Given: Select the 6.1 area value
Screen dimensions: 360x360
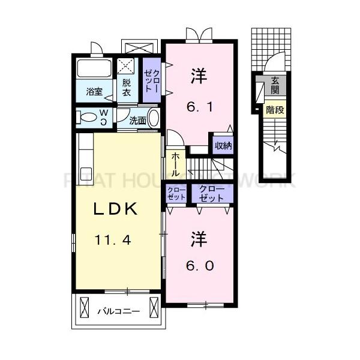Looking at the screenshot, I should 199,108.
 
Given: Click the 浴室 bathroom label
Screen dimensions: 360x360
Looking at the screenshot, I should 94,92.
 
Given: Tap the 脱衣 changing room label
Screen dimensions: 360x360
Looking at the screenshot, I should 127,88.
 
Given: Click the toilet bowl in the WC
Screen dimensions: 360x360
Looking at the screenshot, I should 89,116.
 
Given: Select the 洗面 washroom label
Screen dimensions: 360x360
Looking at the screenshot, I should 138,120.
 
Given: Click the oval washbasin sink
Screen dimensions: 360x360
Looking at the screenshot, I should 154,117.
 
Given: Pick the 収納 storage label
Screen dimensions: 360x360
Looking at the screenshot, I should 223,146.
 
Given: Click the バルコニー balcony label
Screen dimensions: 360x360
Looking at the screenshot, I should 119,312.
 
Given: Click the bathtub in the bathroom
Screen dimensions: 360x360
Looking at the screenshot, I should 94,68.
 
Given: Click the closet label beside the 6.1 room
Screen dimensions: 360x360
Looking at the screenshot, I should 151,79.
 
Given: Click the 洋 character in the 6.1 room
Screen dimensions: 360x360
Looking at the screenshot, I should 199,76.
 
